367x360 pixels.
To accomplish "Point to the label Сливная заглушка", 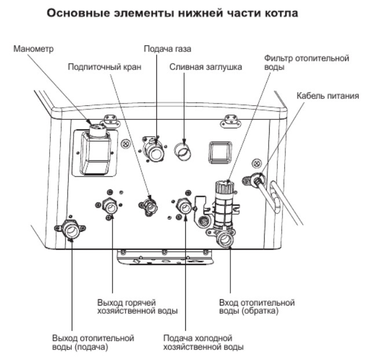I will [205, 67].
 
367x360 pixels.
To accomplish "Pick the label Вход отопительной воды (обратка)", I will [258, 307].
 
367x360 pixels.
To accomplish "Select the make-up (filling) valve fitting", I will [148, 205].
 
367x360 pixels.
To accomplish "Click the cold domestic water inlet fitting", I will [183, 205].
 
